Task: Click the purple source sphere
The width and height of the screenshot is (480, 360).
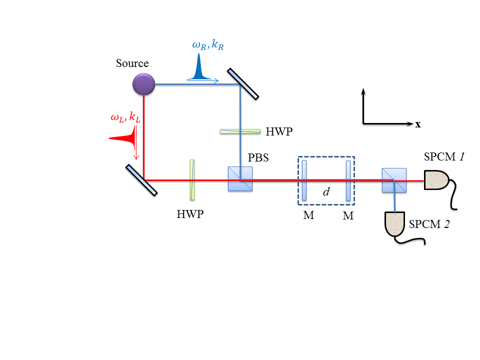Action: pyautogui.click(x=143, y=84)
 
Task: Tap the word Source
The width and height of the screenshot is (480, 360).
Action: pyautogui.click(x=132, y=63)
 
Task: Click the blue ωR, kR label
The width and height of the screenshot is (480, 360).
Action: pyautogui.click(x=208, y=45)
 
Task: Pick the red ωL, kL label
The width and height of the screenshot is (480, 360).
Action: pyautogui.click(x=125, y=117)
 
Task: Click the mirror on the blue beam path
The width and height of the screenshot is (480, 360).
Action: pyautogui.click(x=243, y=84)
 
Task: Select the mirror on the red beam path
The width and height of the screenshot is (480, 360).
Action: pyautogui.click(x=141, y=180)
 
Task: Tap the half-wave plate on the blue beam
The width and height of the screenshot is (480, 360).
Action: pyautogui.click(x=240, y=131)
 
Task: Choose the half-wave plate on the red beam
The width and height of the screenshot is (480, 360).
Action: pyautogui.click(x=192, y=179)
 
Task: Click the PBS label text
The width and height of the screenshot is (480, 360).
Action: pyautogui.click(x=258, y=157)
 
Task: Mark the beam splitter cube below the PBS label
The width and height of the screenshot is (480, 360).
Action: pyautogui.click(x=240, y=179)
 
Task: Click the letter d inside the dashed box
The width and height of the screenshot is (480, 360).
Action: pyautogui.click(x=326, y=191)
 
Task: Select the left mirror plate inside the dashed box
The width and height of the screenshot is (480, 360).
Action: pyautogui.click(x=304, y=180)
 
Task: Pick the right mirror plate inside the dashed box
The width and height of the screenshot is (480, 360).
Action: pyautogui.click(x=348, y=180)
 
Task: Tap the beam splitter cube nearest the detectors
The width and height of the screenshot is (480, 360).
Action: pyautogui.click(x=394, y=180)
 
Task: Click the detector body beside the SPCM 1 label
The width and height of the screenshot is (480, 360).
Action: pyautogui.click(x=436, y=180)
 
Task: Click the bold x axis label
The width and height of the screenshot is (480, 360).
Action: pyautogui.click(x=418, y=124)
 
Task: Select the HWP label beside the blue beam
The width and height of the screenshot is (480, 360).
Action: pyautogui.click(x=279, y=131)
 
